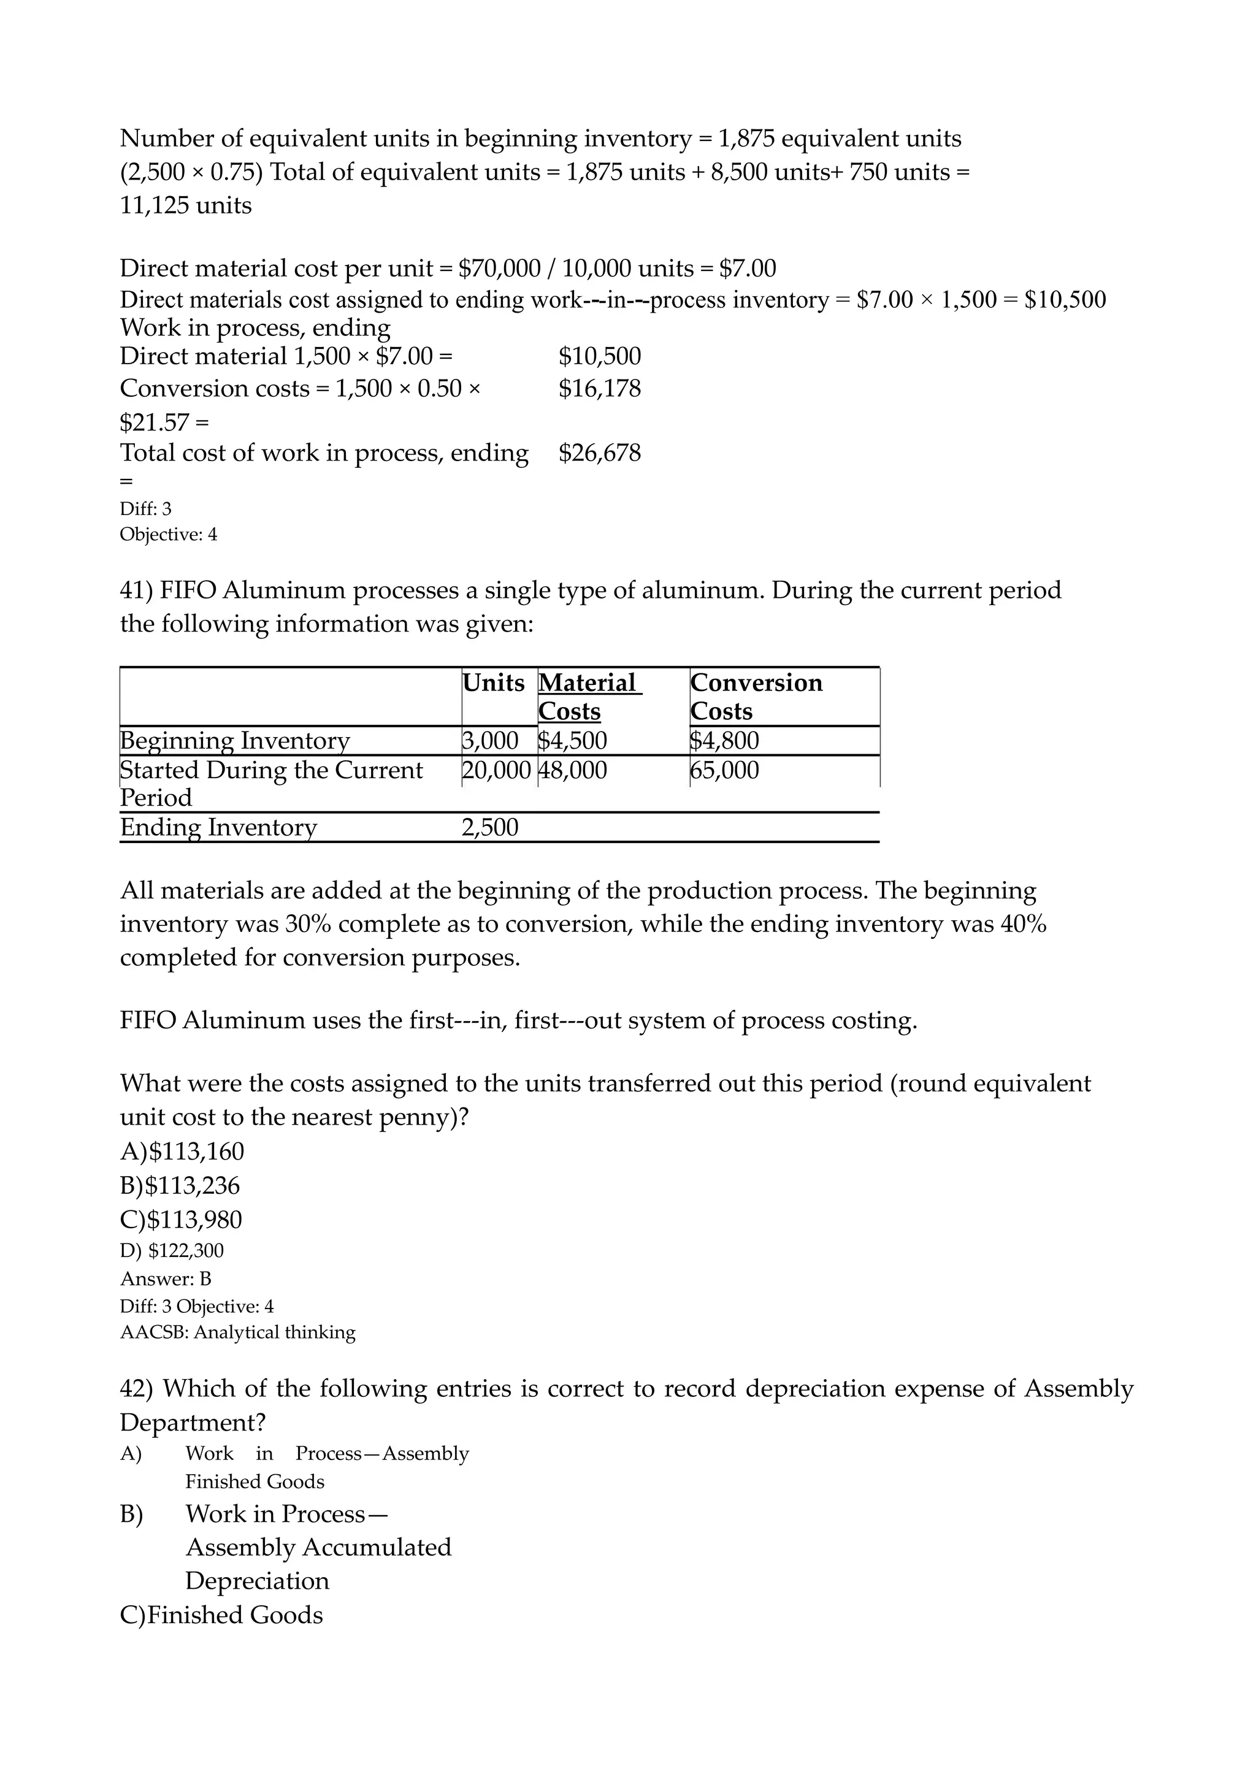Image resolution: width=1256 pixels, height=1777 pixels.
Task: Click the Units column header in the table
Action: (493, 682)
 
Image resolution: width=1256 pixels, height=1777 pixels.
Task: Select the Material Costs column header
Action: (588, 697)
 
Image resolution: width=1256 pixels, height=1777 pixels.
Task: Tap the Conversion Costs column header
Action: (756, 697)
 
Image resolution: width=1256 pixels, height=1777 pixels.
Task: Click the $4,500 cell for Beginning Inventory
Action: (573, 741)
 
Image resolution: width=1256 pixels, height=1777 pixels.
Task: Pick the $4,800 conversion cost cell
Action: (724, 741)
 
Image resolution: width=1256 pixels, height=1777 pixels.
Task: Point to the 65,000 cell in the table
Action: (724, 770)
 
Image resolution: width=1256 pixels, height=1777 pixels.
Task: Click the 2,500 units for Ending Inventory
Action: (490, 827)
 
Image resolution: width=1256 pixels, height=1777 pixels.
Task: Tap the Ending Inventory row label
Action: (218, 827)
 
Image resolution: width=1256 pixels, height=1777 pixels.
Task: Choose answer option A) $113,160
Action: (182, 1152)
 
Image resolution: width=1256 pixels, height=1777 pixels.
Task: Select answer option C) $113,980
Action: (181, 1220)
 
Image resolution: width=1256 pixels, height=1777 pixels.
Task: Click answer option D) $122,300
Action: (172, 1251)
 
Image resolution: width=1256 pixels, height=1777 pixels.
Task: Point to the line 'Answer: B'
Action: (166, 1278)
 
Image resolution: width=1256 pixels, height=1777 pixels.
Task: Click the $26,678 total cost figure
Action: (600, 453)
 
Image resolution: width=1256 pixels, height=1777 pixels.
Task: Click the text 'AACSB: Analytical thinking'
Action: (237, 1332)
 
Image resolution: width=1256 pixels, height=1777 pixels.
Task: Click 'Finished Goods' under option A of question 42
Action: (255, 1481)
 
